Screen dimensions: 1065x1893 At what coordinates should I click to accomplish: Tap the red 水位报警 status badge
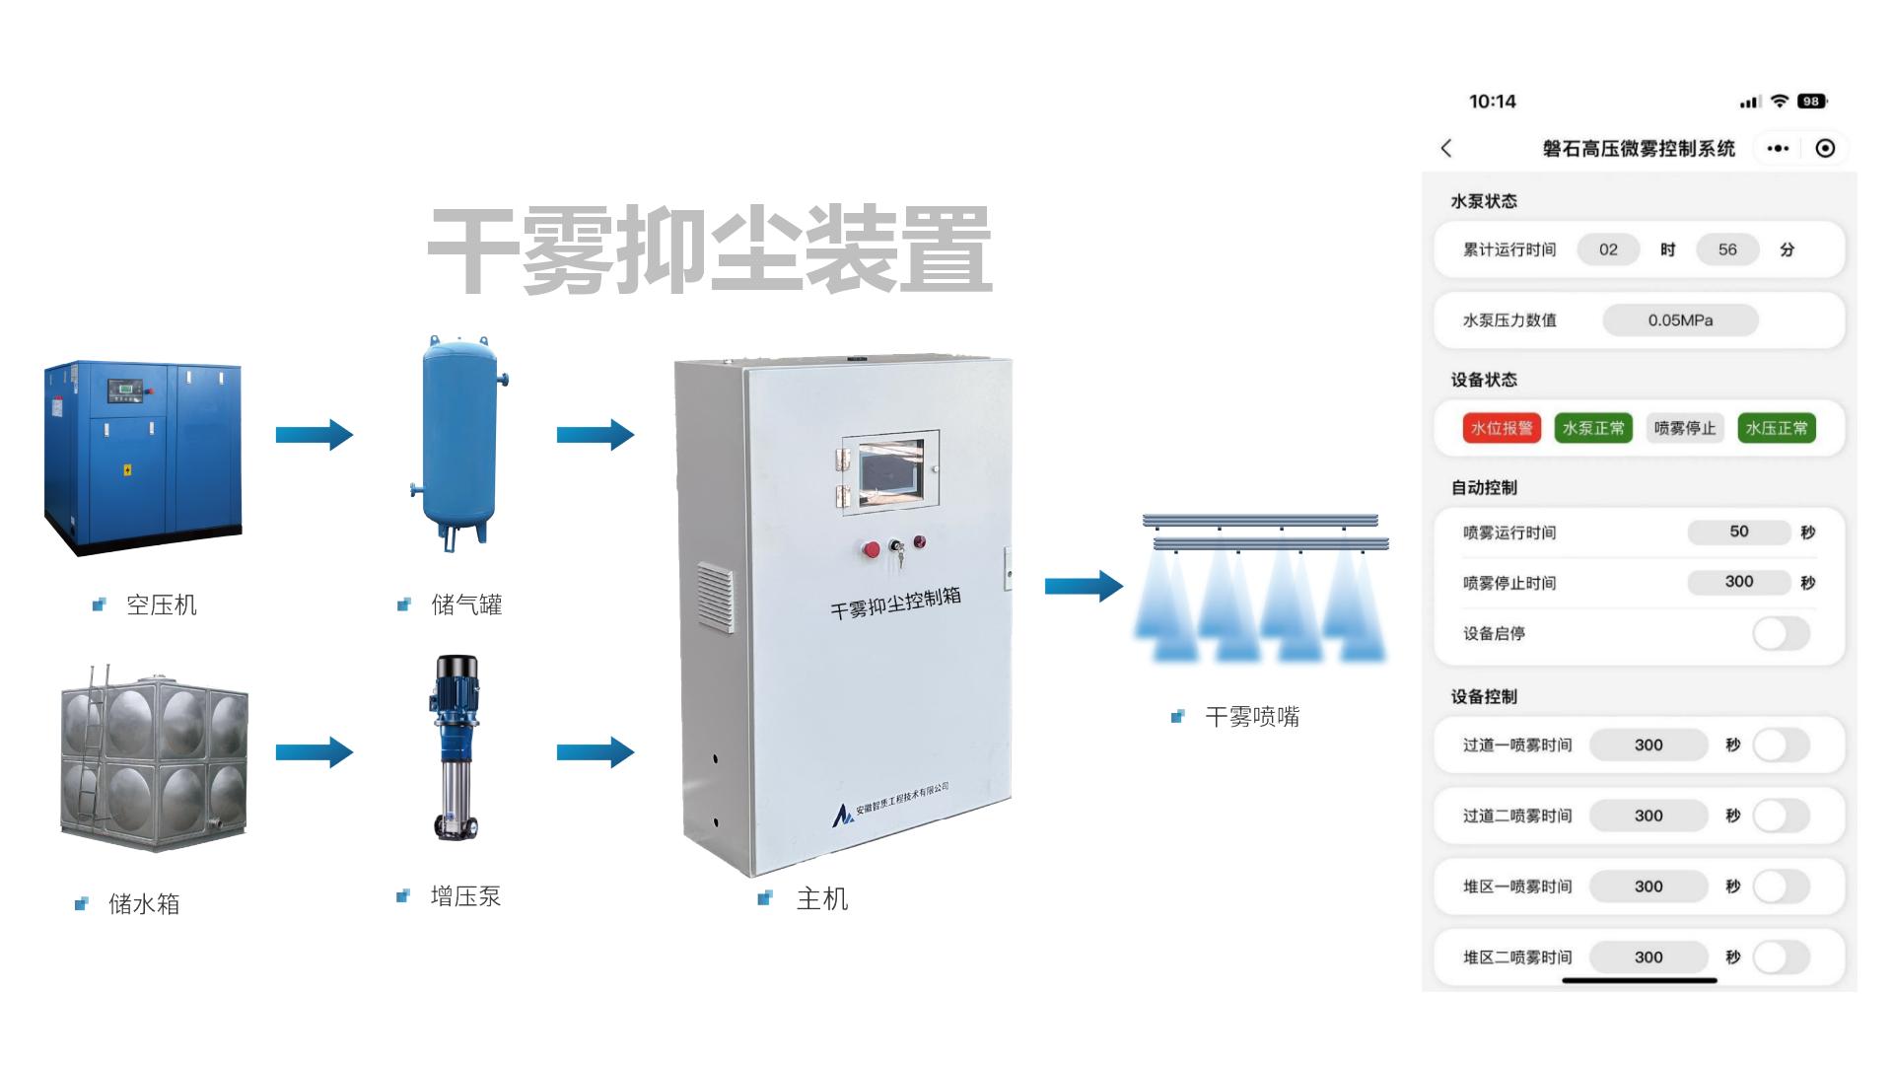(1502, 428)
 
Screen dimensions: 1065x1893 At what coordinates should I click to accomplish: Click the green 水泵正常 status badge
(1593, 428)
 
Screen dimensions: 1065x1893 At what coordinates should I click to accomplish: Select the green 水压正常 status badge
(1777, 428)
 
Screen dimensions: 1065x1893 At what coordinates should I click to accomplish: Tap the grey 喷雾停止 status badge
(1685, 428)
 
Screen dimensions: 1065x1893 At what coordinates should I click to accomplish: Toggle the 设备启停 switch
(1781, 633)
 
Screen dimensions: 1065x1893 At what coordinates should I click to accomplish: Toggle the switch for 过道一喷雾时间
(1781, 745)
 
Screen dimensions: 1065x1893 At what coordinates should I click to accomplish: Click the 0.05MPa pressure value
(1680, 320)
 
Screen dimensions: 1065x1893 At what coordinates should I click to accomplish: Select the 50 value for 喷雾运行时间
(1738, 532)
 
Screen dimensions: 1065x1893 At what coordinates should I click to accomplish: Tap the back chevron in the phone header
(1446, 148)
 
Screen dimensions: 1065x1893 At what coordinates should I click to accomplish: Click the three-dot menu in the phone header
(1778, 148)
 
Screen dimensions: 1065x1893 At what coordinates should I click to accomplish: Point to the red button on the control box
(872, 549)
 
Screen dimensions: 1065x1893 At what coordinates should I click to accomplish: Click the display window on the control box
(891, 470)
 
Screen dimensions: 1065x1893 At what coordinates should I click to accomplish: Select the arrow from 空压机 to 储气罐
(315, 434)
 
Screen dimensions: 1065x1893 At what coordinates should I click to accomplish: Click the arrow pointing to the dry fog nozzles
(1084, 586)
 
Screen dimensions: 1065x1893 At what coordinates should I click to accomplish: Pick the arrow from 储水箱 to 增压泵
(315, 752)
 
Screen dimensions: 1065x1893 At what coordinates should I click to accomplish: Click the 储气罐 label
(466, 604)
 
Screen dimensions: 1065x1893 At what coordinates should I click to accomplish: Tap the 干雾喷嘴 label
(1252, 717)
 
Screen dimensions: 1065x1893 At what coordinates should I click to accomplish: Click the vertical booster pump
(456, 747)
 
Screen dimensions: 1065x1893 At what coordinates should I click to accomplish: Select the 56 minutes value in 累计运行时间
(1727, 249)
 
